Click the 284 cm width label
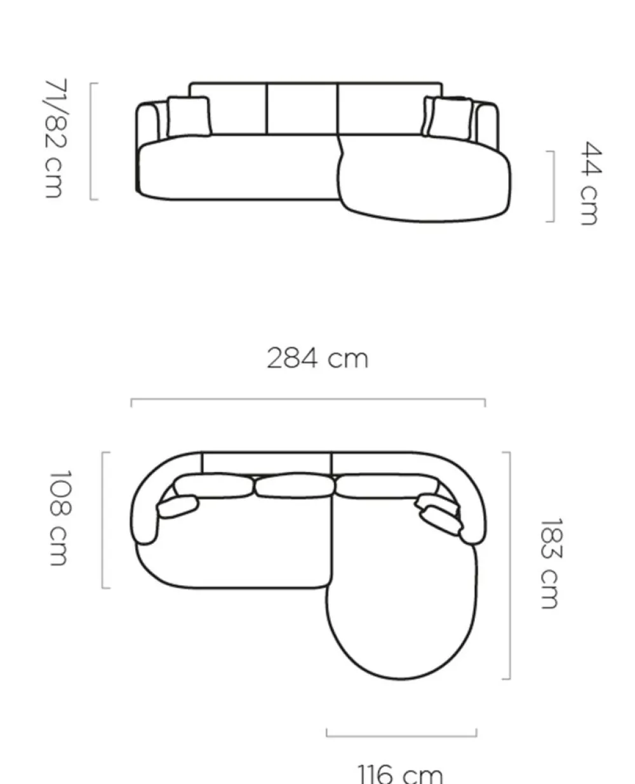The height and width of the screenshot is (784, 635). pyautogui.click(x=317, y=358)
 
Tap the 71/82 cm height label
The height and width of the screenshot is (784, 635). pyautogui.click(x=56, y=139)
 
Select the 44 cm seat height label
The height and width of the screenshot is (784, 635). pyautogui.click(x=591, y=183)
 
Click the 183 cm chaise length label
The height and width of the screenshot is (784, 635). pyautogui.click(x=551, y=564)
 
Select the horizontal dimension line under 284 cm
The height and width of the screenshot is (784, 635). pyautogui.click(x=308, y=399)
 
